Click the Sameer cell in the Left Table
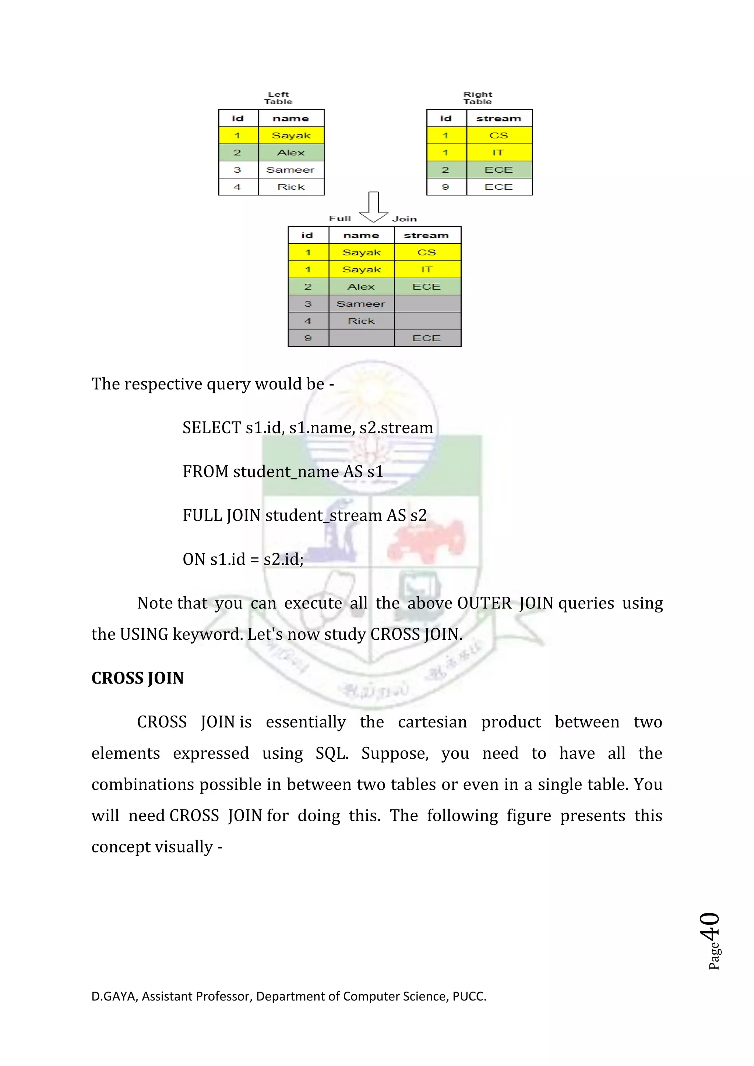click(290, 170)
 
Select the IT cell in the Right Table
click(498, 153)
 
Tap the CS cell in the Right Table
click(498, 135)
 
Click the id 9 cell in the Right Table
click(446, 187)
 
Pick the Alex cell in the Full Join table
click(361, 287)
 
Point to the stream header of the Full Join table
click(427, 235)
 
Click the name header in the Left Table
click(290, 119)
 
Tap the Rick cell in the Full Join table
click(361, 321)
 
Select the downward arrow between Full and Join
click(373, 208)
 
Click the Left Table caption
click(278, 98)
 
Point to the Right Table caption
click(478, 98)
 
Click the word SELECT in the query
click(212, 428)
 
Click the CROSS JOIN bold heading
click(137, 678)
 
